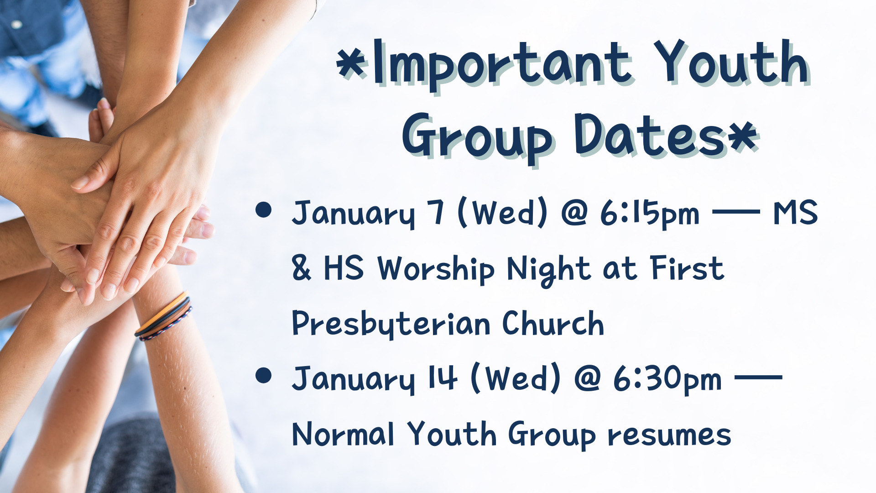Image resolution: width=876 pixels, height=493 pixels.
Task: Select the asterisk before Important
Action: pyautogui.click(x=352, y=64)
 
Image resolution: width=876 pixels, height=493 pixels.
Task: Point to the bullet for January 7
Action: pyautogui.click(x=264, y=210)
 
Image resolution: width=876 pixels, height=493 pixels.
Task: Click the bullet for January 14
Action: pyautogui.click(x=264, y=375)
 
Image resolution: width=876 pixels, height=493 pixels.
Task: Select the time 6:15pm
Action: pyautogui.click(x=649, y=214)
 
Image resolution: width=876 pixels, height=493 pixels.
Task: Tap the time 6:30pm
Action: pyautogui.click(x=667, y=379)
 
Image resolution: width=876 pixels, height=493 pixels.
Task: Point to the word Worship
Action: pyautogui.click(x=436, y=269)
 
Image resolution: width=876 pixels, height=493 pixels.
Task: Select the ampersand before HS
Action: pyautogui.click(x=302, y=268)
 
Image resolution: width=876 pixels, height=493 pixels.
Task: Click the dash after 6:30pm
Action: pyautogui.click(x=758, y=378)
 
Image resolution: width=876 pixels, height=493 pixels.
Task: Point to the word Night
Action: pyautogui.click(x=548, y=269)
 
